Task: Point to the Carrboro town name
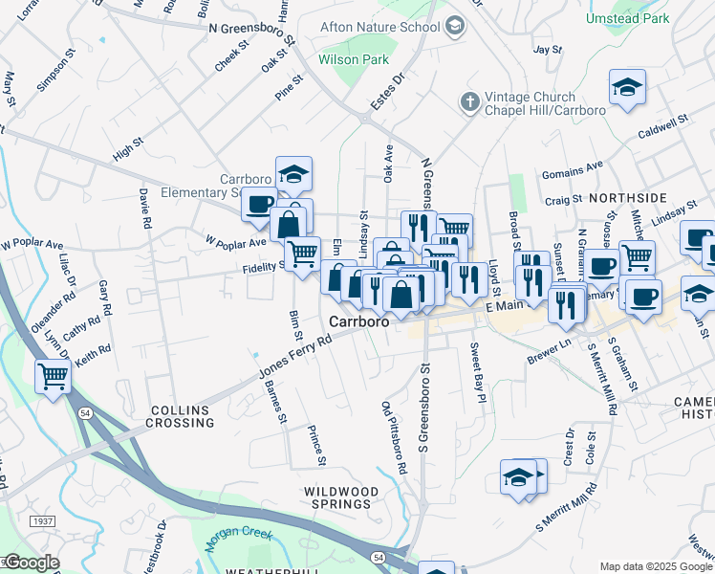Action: click(358, 322)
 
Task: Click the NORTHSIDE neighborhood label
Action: click(627, 197)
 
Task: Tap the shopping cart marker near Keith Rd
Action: click(53, 376)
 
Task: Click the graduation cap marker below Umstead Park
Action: click(627, 89)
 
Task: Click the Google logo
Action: click(31, 563)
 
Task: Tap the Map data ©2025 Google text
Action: click(656, 566)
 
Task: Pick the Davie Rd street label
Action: click(145, 208)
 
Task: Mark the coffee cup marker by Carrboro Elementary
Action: click(258, 204)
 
